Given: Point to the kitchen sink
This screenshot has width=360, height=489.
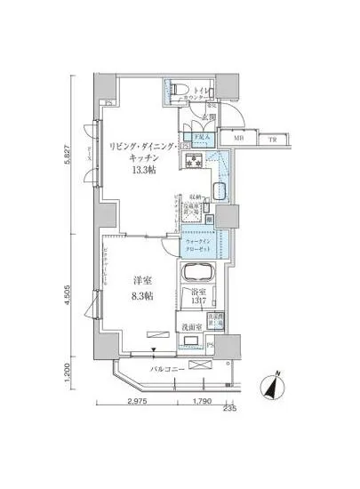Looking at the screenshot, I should coord(220,194).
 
